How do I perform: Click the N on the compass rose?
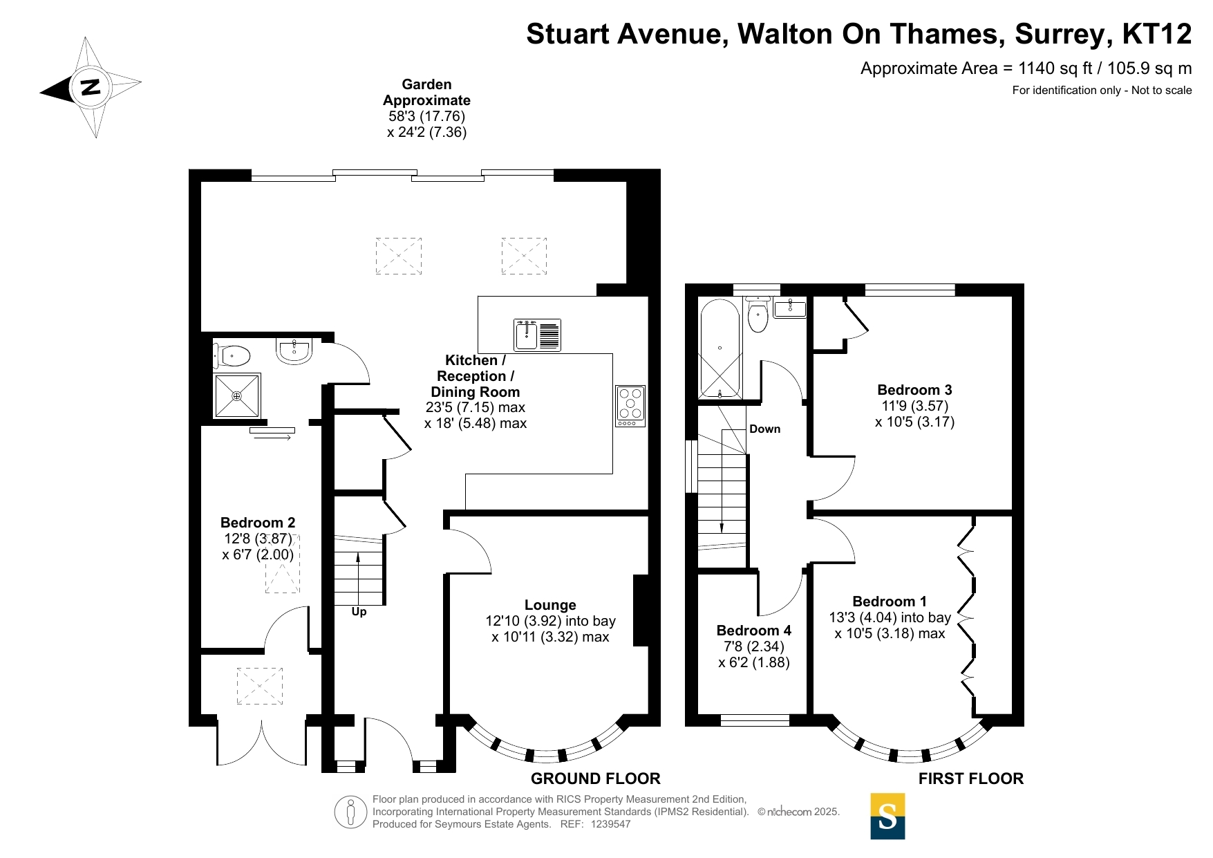click(x=91, y=87)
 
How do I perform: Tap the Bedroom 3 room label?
click(x=914, y=390)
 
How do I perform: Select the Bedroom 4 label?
click(x=753, y=631)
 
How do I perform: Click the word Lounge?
click(x=550, y=605)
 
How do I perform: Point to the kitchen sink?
click(x=537, y=335)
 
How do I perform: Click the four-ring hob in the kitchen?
click(x=630, y=406)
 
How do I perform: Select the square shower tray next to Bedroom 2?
click(x=237, y=396)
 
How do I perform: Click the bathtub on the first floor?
click(x=720, y=348)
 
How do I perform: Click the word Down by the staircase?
click(x=765, y=429)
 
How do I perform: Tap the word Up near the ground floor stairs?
click(x=359, y=612)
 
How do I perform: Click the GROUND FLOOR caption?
click(x=596, y=778)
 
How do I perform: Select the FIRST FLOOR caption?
click(x=971, y=778)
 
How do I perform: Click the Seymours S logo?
click(x=887, y=817)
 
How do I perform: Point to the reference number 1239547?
click(x=611, y=824)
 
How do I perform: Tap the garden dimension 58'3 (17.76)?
click(x=427, y=116)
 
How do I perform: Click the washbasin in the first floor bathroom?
click(x=789, y=308)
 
